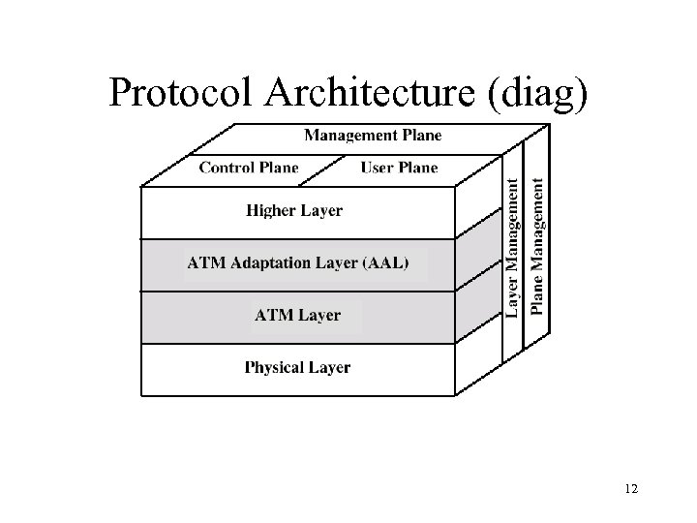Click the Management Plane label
tap(373, 136)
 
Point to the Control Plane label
tap(249, 168)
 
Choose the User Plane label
tap(399, 168)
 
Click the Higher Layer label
tap(294, 210)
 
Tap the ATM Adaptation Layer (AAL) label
tap(298, 262)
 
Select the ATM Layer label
tap(297, 315)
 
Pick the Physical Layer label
tap(297, 367)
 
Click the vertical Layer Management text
tap(514, 244)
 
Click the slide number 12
tap(631, 489)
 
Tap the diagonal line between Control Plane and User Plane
tap(330, 169)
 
